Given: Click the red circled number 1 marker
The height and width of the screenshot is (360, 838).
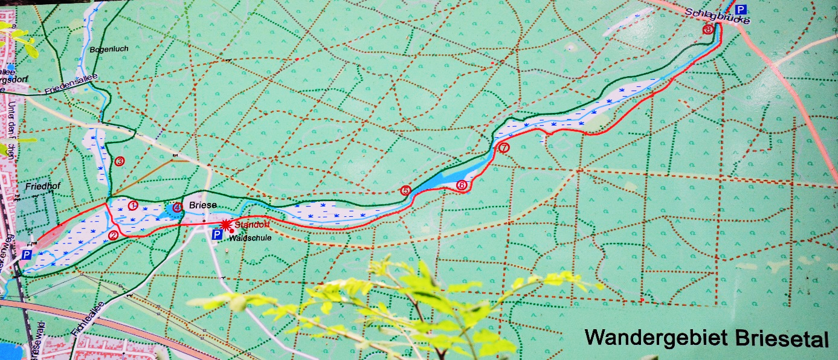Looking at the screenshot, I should click(134, 205).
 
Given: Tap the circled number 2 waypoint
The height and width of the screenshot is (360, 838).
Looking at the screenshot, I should click(113, 235).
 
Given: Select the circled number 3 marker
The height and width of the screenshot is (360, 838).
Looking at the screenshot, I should click(120, 161).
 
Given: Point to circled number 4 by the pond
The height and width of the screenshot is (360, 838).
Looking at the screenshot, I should click(177, 207).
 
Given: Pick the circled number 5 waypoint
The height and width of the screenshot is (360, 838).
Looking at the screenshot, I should click(405, 191).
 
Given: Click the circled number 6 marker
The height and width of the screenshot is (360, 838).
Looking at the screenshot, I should click(462, 185).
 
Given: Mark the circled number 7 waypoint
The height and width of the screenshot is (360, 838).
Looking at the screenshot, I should click(503, 147).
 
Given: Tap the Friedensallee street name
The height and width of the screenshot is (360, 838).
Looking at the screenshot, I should click(71, 89).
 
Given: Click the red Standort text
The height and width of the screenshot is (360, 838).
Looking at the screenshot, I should click(249, 225).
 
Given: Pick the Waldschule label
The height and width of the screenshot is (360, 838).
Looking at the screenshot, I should click(249, 238).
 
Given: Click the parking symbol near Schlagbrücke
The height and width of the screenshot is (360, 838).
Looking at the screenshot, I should click(741, 9).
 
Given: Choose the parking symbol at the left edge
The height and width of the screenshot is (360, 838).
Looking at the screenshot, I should click(27, 256).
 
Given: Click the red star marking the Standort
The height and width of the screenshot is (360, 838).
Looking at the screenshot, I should click(226, 224).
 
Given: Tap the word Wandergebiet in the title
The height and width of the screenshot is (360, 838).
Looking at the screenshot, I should click(657, 338).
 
